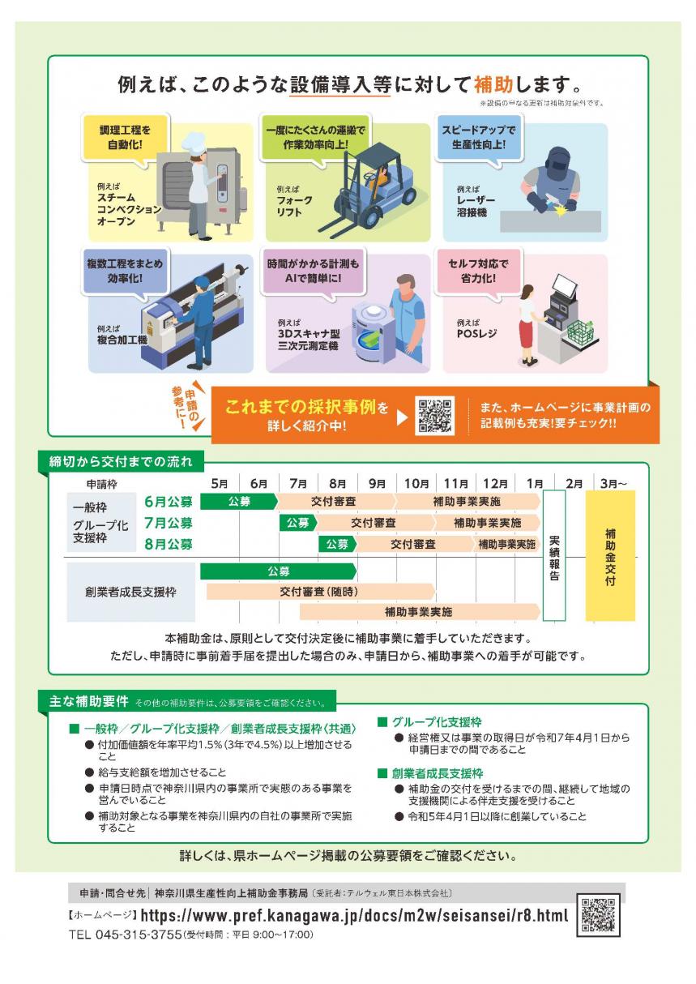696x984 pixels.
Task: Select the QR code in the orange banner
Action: point(434,416)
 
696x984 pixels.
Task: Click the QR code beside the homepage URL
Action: point(598,914)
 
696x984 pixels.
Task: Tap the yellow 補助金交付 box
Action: point(610,556)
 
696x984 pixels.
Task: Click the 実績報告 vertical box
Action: point(554,556)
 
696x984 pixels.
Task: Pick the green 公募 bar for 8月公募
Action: point(337,544)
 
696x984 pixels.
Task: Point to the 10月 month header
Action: point(416,484)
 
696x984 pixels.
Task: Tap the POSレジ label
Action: point(476,332)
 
